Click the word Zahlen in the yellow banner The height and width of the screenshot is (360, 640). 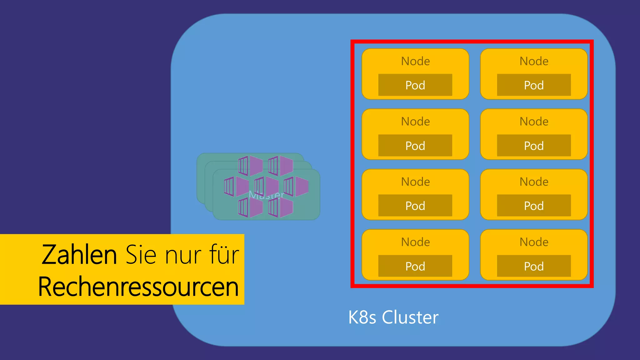tap(79, 255)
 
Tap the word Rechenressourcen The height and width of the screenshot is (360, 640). tap(138, 287)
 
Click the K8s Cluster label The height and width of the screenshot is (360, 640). tap(393, 317)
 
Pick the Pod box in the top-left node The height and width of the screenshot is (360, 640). tap(415, 85)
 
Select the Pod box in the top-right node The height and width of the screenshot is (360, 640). tap(534, 85)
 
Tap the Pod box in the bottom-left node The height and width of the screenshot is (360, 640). tap(415, 266)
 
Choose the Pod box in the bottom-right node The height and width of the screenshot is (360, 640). tap(534, 266)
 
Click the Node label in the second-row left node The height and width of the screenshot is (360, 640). tap(415, 121)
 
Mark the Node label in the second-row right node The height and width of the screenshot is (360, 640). tap(534, 121)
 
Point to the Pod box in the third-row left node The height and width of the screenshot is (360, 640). tap(415, 206)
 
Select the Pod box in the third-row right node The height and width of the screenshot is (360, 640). tap(534, 206)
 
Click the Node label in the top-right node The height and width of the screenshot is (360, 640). tap(534, 61)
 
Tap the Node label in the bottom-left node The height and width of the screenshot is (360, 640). tap(415, 242)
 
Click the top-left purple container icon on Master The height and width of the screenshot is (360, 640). tap(250, 166)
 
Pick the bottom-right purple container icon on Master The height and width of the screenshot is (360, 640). tap(280, 207)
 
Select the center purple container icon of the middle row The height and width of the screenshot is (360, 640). tap(266, 186)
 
